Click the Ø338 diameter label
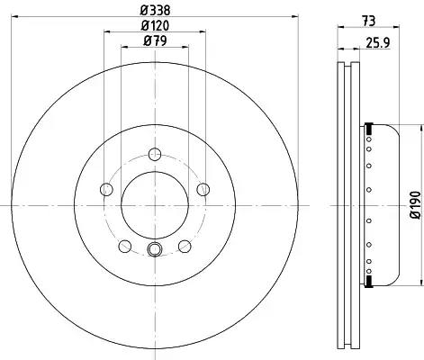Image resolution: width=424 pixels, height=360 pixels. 155,11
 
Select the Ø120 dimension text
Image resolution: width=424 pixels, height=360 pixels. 155,25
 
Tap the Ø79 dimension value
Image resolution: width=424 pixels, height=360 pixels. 155,40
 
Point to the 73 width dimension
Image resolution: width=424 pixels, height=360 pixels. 368,21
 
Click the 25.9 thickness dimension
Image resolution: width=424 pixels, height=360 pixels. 377,43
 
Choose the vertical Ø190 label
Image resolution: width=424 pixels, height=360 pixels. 416,205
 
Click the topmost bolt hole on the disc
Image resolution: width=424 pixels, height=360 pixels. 155,155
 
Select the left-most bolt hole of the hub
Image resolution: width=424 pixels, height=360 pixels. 106,189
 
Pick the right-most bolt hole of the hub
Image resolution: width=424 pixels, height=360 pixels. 203,189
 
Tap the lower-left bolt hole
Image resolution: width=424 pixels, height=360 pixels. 125,247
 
